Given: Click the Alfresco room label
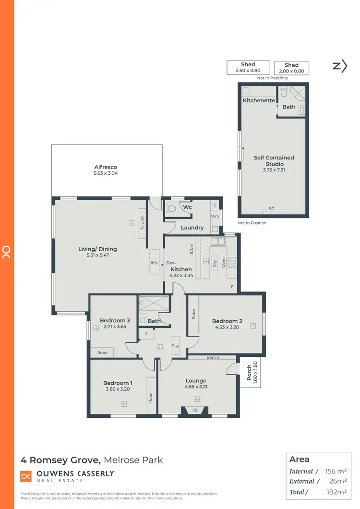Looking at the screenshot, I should pos(106,167).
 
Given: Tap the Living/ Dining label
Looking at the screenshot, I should pos(97,249).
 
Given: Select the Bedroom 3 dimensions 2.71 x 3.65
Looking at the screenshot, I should pos(115,327).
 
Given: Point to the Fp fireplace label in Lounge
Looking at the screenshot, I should pos(195,410).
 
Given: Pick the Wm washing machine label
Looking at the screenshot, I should pos(215,216).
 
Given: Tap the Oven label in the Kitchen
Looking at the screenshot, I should pos(224,262).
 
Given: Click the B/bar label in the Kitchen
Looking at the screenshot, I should pos(191,250).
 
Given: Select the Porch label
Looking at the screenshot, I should pos(249,373).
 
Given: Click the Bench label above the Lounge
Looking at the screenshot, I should pos(213,357).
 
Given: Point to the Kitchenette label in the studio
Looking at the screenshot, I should pos(259,100).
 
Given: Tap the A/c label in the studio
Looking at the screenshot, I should pos(272,208).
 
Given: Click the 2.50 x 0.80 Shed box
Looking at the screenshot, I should pos(248,67).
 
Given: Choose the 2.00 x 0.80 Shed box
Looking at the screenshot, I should pos(291,68).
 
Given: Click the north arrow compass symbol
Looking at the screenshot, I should pos(340,66).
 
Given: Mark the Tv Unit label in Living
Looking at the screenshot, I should pos(142,221).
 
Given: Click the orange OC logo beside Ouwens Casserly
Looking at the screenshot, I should pos(26,476).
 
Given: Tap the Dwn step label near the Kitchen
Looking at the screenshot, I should pos(171,263).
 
